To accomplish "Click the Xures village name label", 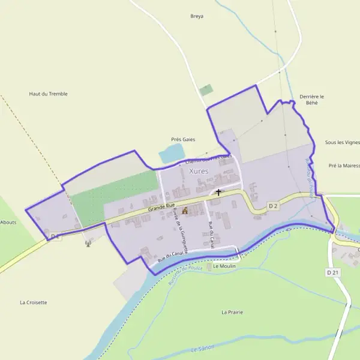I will [x=199, y=171].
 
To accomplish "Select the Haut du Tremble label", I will [x=49, y=94].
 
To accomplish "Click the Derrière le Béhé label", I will [x=312, y=100].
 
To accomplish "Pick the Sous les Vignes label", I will [x=343, y=142].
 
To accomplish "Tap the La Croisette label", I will [x=33, y=302].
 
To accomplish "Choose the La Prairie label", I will [x=232, y=312].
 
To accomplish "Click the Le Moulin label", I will [x=223, y=265].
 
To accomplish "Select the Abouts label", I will [x=8, y=222].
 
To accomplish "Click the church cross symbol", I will [x=218, y=193].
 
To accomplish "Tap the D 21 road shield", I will [x=333, y=272].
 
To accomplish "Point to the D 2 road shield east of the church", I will [x=273, y=206].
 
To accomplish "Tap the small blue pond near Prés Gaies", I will [x=172, y=154].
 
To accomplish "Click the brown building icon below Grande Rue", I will [x=185, y=211].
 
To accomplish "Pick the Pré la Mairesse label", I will [x=344, y=165].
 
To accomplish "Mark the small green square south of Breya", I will [x=206, y=90].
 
